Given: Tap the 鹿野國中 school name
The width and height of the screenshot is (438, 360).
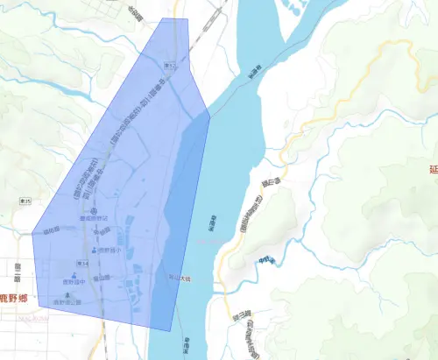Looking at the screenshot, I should [x=74, y=283].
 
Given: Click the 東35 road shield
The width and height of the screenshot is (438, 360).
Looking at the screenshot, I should [x=26, y=202].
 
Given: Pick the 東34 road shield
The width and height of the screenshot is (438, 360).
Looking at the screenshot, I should [x=83, y=262].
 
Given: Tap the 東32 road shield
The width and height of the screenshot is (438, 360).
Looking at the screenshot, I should [x=169, y=66].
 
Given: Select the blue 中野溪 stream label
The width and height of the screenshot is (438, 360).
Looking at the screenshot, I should [x=266, y=259].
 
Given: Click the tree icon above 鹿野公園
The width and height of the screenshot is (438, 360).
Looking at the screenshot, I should [x=67, y=295].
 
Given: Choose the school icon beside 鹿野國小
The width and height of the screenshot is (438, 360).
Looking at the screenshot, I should [x=95, y=251].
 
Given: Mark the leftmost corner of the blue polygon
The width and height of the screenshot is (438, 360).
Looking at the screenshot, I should [x=32, y=234].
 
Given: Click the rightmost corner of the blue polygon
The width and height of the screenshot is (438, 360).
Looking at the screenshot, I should [x=210, y=115].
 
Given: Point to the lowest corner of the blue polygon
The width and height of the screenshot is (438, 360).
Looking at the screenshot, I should [x=172, y=330].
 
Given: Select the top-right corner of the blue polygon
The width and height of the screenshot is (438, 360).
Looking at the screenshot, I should [x=187, y=19].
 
